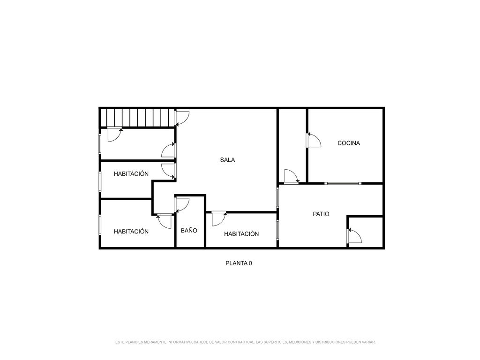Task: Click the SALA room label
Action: (227, 160)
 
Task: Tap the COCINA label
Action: (349, 143)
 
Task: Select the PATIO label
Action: (321, 214)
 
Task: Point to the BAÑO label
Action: (189, 230)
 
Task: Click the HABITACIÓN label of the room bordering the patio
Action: (241, 234)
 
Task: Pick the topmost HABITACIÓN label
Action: (131, 173)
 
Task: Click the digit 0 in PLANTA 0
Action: (250, 263)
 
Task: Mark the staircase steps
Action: (138, 118)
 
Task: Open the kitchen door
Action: (314, 140)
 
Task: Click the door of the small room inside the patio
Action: (354, 236)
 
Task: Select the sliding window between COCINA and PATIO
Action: (343, 183)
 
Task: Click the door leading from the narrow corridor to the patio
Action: (292, 176)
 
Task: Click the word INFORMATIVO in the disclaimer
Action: (180, 342)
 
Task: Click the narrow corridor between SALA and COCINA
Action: (292, 146)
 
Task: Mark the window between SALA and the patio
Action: (277, 198)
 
